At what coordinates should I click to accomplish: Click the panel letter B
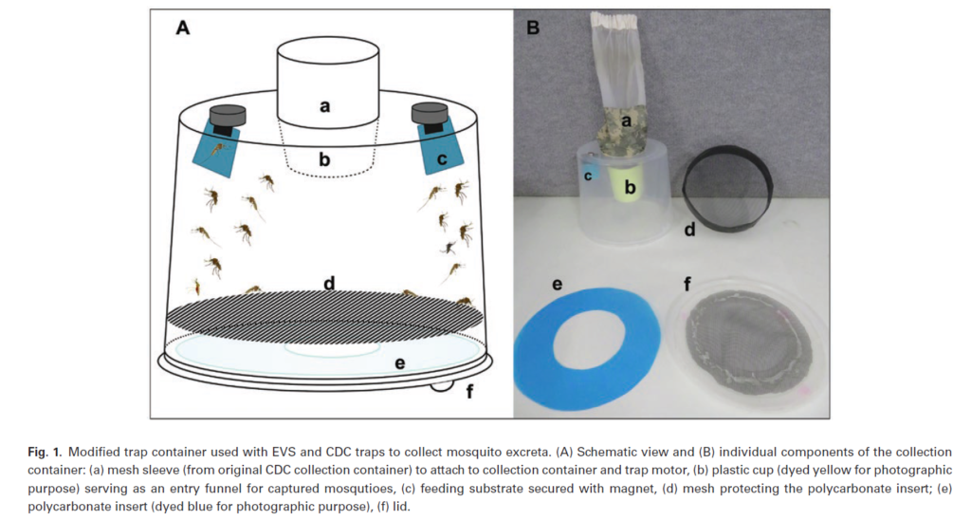click(533, 28)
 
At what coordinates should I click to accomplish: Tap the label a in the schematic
click(324, 107)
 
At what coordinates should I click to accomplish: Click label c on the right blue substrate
click(442, 159)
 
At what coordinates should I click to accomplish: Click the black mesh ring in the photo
click(727, 186)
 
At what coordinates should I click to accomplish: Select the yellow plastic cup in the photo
click(627, 185)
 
